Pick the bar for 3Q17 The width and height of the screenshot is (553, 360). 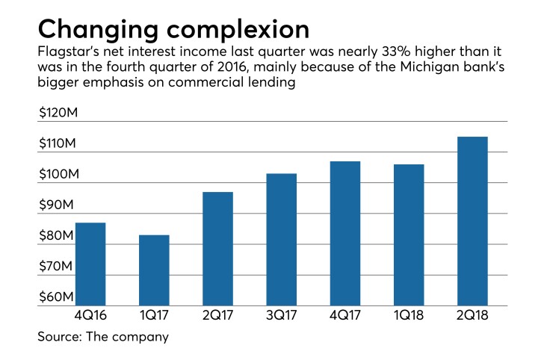click(x=280, y=239)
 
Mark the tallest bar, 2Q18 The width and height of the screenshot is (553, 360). click(x=472, y=221)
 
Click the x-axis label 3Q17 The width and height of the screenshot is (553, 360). click(x=280, y=316)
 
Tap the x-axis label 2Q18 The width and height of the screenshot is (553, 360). click(x=472, y=316)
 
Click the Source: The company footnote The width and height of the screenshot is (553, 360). click(x=103, y=337)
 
